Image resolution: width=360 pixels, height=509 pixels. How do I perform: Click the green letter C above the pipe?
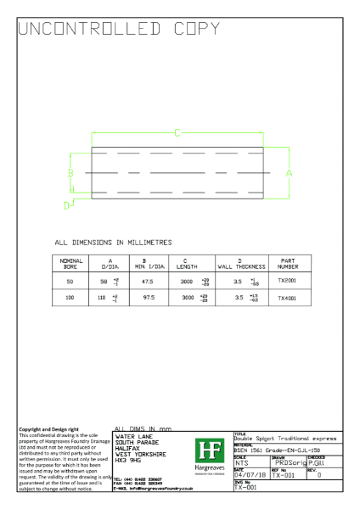pos(177,132)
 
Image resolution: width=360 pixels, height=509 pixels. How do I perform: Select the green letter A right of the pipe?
pos(290,172)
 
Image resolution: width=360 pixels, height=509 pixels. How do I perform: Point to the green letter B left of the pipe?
pos(71,172)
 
